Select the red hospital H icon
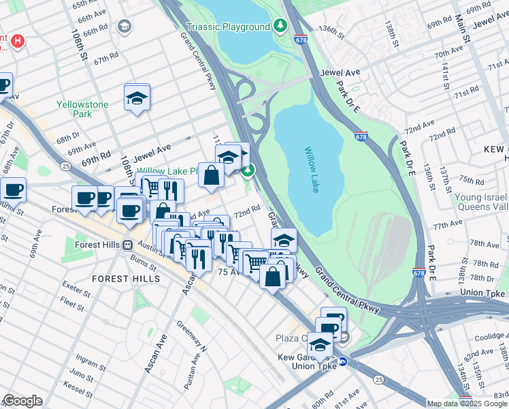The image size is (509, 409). (x=18, y=40)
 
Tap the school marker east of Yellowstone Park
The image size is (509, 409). (x=137, y=97)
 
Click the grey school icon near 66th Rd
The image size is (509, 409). (x=124, y=27)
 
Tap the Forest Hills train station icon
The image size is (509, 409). (x=127, y=245)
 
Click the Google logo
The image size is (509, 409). (x=22, y=401)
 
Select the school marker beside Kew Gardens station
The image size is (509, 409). (x=320, y=345)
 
